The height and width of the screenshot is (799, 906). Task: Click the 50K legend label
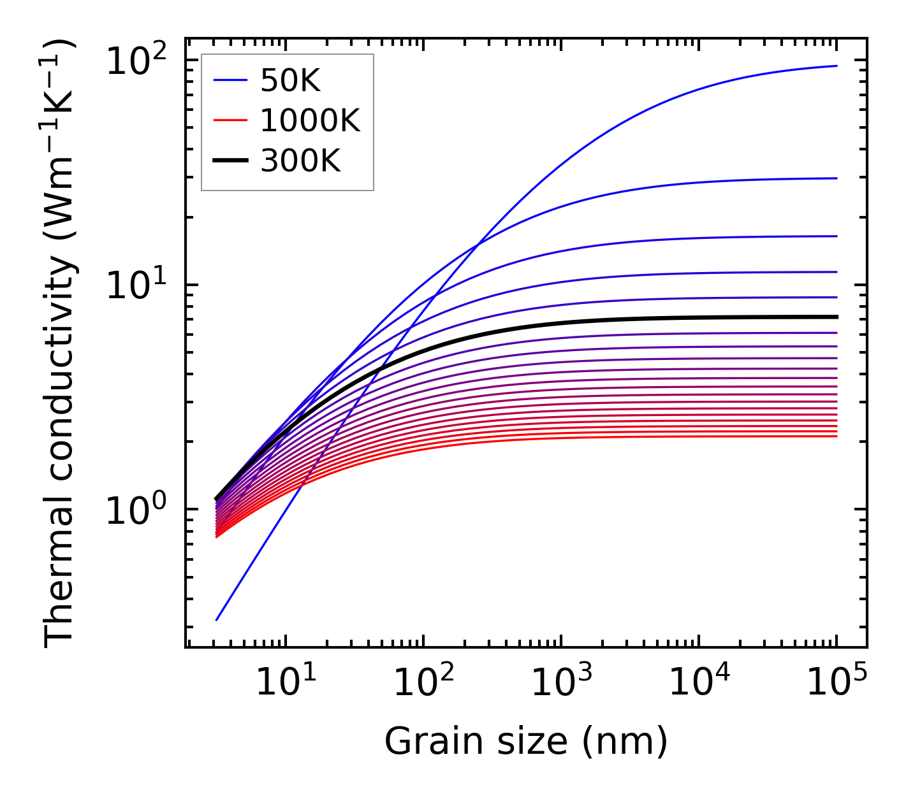tap(290, 81)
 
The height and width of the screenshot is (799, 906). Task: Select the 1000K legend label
tap(310, 121)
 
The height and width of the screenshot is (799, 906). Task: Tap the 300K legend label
tap(300, 161)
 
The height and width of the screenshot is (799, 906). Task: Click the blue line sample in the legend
tap(230, 80)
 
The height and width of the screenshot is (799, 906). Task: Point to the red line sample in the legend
tap(230, 120)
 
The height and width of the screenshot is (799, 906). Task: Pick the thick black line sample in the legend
tap(230, 161)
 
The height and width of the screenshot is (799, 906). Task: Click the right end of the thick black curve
tap(836, 317)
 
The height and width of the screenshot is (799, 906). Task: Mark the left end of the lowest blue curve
tap(217, 619)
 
